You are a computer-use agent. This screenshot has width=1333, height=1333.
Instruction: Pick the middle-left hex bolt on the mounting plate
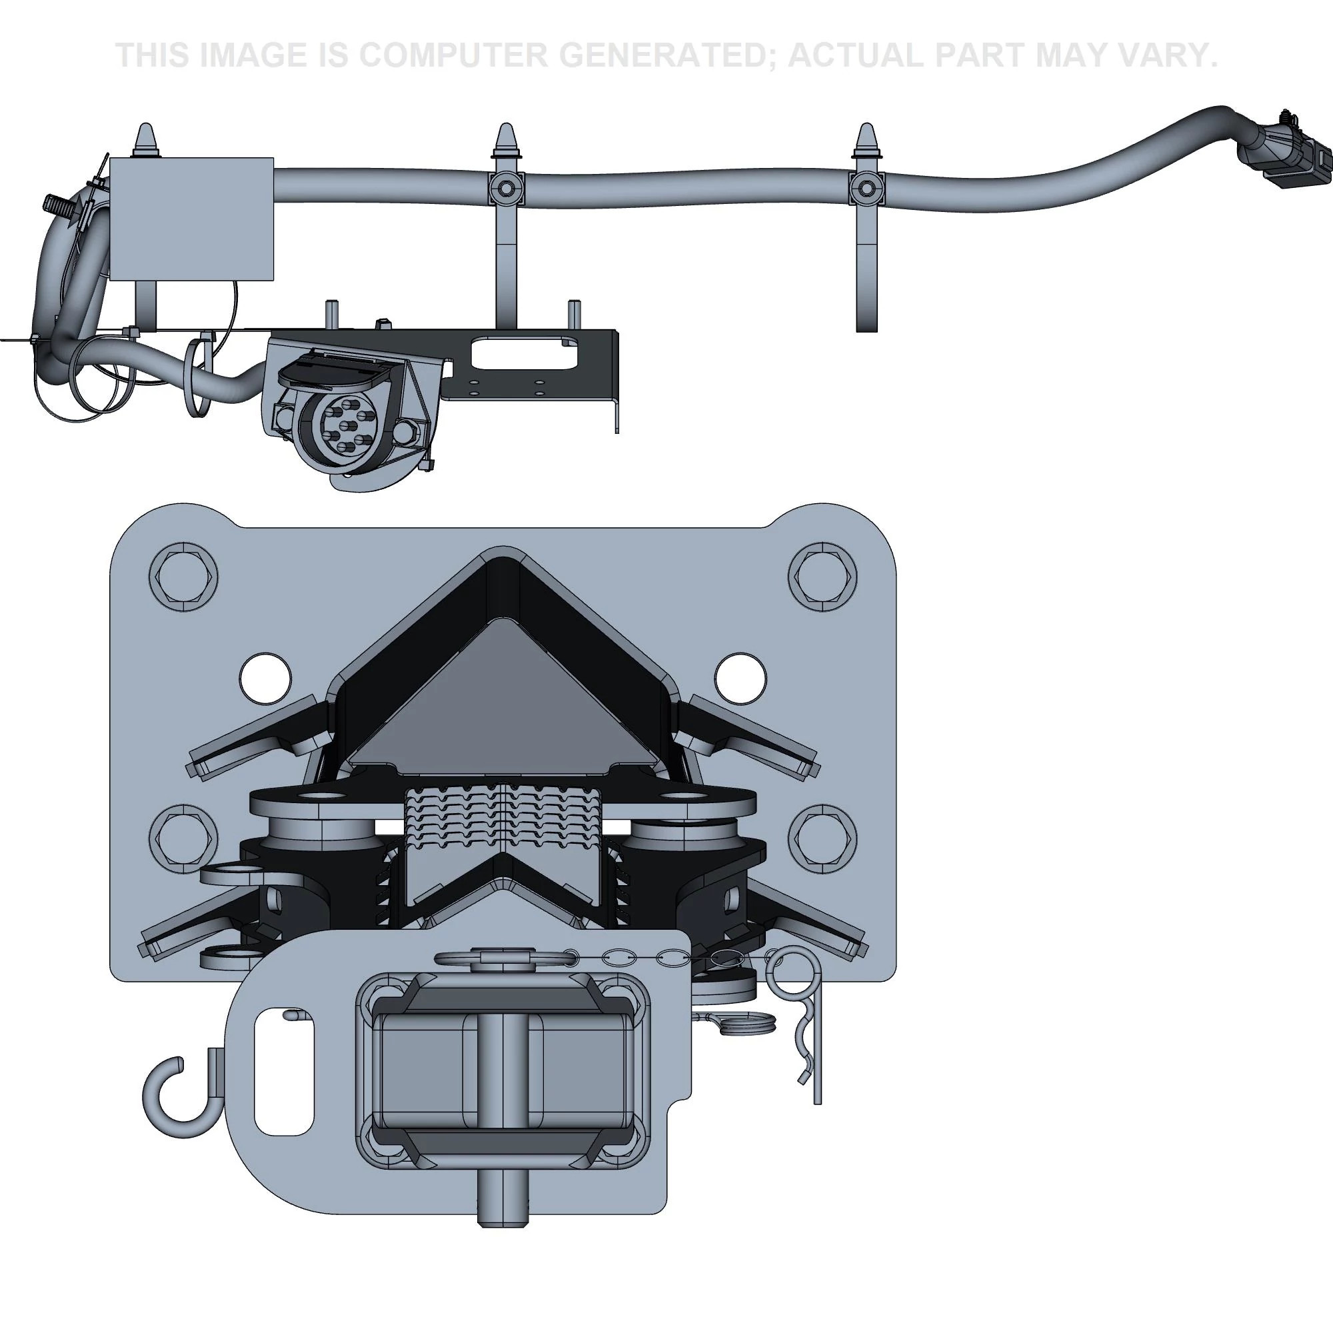[x=183, y=838]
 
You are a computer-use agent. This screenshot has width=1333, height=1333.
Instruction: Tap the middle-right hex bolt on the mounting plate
[x=822, y=838]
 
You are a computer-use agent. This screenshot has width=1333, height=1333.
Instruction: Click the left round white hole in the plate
[x=266, y=678]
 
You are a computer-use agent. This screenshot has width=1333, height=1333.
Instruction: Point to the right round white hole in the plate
[x=740, y=678]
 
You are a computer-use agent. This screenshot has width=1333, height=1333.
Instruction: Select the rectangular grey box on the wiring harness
[x=192, y=219]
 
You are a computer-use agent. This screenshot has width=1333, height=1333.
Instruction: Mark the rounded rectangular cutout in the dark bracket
[x=523, y=353]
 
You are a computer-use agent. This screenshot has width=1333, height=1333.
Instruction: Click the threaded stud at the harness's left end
[x=55, y=203]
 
